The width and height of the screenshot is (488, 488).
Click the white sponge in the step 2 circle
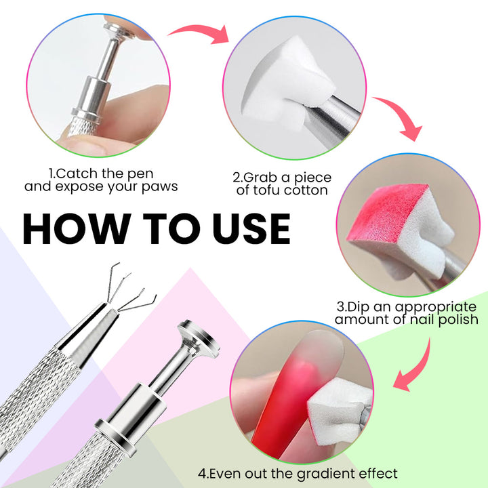click(282, 84)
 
